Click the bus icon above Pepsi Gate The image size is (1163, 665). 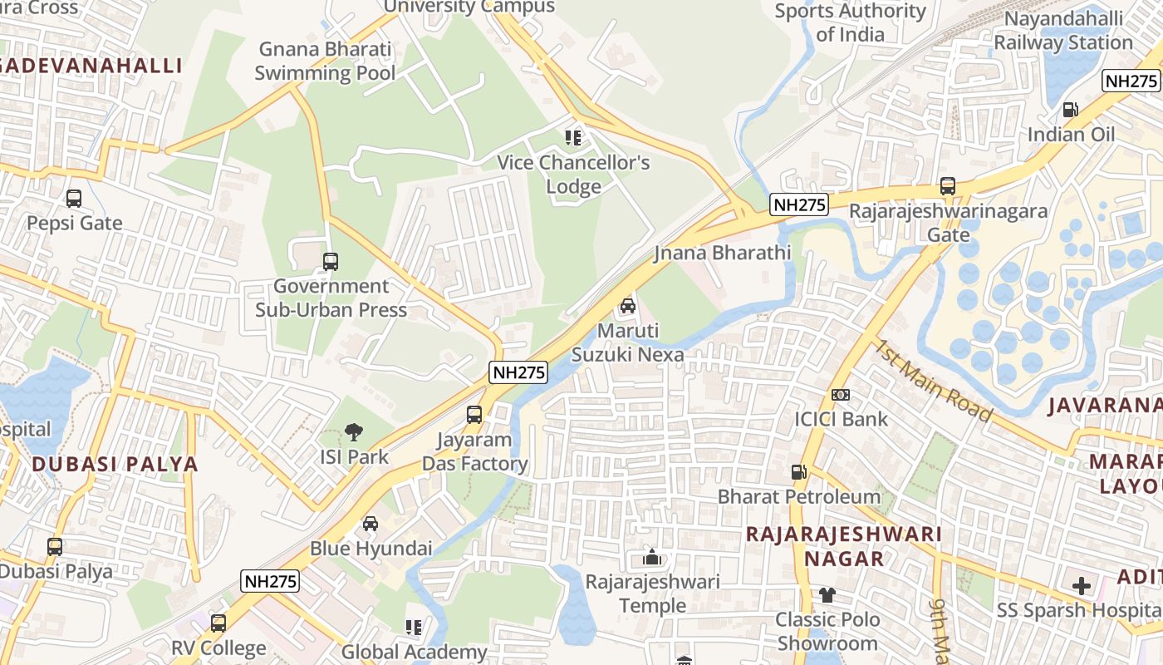pyautogui.click(x=74, y=199)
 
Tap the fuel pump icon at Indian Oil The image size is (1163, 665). pyautogui.click(x=1071, y=110)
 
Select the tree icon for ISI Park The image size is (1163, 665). pyautogui.click(x=354, y=432)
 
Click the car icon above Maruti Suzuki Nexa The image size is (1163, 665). pyautogui.click(x=628, y=306)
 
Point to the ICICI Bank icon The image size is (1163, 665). pyautogui.click(x=841, y=395)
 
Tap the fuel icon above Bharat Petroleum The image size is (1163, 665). pyautogui.click(x=798, y=472)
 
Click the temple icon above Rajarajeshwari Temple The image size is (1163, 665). pyautogui.click(x=653, y=557)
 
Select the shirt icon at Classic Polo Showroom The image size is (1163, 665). pyautogui.click(x=827, y=595)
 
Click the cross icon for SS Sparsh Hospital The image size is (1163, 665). pyautogui.click(x=1081, y=586)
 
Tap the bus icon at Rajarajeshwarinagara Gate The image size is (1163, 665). pyautogui.click(x=948, y=186)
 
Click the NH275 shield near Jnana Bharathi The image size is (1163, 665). pyautogui.click(x=799, y=204)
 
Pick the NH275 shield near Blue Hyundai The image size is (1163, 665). pyautogui.click(x=270, y=581)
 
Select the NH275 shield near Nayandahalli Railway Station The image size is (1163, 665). pyautogui.click(x=1131, y=81)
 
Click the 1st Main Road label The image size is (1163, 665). pyautogui.click(x=932, y=380)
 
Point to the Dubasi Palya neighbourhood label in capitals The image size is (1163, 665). pyautogui.click(x=115, y=465)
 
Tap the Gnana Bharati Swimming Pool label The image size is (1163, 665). pyautogui.click(x=325, y=61)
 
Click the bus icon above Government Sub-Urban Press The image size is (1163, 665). pyautogui.click(x=331, y=262)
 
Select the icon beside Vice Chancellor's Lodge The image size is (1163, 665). pyautogui.click(x=573, y=137)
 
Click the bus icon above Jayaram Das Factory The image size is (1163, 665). pyautogui.click(x=474, y=414)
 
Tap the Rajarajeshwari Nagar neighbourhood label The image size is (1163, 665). pyautogui.click(x=844, y=545)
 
